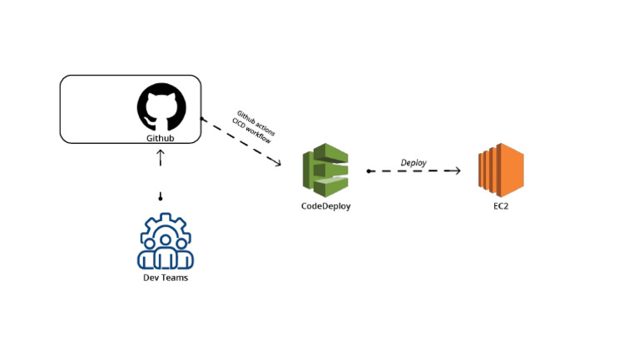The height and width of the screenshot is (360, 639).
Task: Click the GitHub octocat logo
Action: coord(161,106)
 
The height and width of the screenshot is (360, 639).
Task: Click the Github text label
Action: coord(160,137)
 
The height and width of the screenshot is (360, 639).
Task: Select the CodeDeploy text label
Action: coord(325,205)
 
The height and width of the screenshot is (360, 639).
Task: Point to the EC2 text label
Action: coord(499,205)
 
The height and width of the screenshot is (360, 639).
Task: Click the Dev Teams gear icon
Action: coord(165,241)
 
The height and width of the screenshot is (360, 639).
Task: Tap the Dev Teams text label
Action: coord(166,278)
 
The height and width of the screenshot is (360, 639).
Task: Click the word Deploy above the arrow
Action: coord(414,163)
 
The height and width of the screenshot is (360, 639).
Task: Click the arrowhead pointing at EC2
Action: coord(456,170)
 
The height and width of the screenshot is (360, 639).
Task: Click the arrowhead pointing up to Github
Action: coord(161,153)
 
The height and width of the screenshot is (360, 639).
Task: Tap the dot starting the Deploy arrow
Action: coord(369,170)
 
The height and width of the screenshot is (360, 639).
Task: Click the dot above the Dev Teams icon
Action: coord(161,198)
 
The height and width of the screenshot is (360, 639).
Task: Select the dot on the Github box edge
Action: coord(201,121)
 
